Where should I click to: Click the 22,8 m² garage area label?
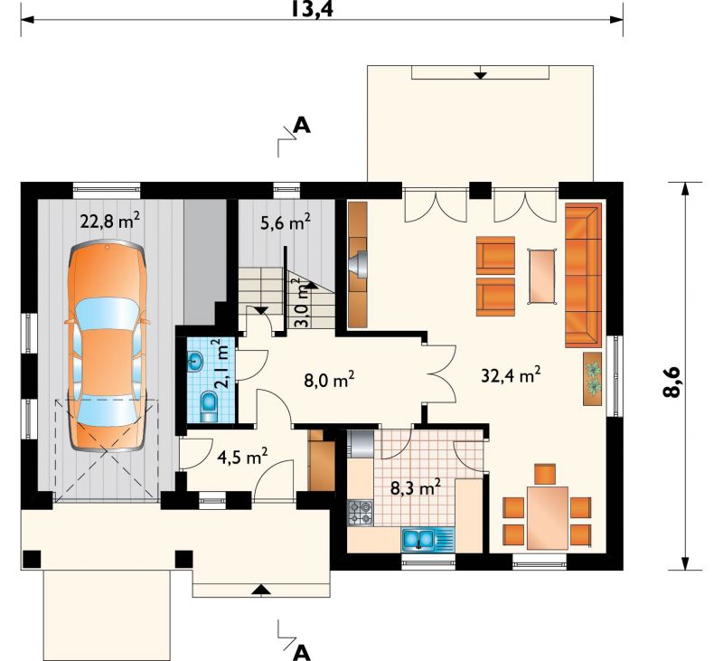tap(109, 221)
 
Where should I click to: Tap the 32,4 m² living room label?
tap(511, 375)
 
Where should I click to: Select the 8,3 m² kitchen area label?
tap(416, 486)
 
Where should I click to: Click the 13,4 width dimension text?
tap(312, 9)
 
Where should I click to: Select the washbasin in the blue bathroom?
tap(195, 361)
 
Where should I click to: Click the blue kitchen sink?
tap(418, 539)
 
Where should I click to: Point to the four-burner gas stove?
tap(360, 513)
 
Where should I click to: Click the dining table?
tap(548, 517)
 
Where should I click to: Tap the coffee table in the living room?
tap(542, 276)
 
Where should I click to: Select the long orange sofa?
tap(583, 275)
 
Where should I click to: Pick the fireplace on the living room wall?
tap(358, 265)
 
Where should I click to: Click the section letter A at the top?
tap(303, 125)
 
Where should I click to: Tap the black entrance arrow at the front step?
tap(261, 588)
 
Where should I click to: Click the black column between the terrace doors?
tap(481, 190)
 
